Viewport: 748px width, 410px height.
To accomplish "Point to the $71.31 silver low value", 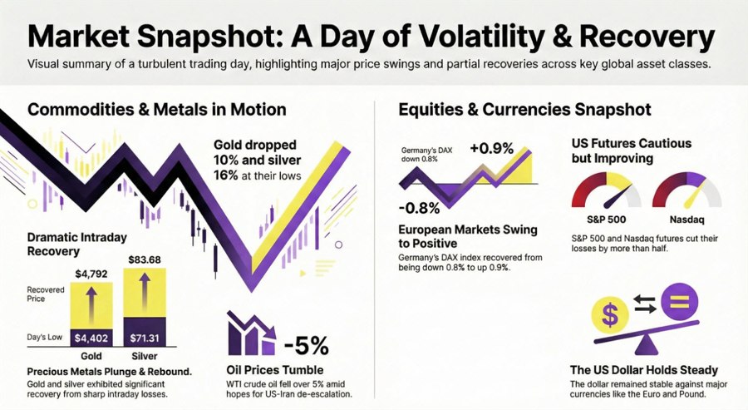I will click(147, 338).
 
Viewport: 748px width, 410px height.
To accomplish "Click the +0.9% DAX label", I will click(492, 148).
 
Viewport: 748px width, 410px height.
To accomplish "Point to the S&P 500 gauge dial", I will click(607, 192).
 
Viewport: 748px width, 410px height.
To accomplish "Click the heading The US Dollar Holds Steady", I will click(644, 370).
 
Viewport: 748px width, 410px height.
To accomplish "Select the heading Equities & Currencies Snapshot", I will click(524, 109).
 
